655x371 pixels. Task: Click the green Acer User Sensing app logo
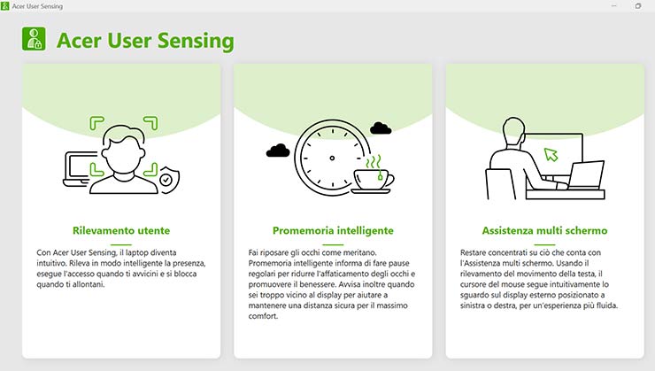[x=34, y=39]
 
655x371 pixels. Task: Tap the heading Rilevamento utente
[x=121, y=230]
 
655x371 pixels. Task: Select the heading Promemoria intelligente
[x=333, y=230]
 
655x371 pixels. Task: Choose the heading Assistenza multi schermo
[x=544, y=230]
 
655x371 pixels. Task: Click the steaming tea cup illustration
[x=373, y=174]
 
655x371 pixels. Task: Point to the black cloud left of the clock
[x=278, y=151]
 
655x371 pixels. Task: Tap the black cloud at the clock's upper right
[x=381, y=128]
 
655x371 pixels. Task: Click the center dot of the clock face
[x=332, y=158]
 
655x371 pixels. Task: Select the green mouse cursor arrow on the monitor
[x=551, y=154]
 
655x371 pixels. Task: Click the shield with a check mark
[x=169, y=180]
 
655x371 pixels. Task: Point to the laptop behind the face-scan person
[x=78, y=169]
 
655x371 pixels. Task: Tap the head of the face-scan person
[x=123, y=149]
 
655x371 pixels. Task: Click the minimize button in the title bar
[x=614, y=6]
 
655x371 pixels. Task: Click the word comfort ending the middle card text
[x=263, y=316]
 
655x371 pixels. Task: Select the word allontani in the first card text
[x=89, y=284]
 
